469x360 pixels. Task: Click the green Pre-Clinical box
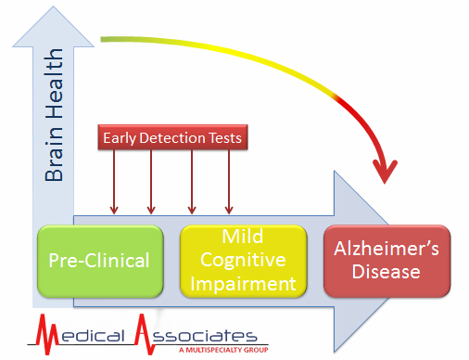pos(93,260)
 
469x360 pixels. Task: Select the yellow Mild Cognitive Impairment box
pos(243,260)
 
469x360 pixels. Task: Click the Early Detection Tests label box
pos(172,138)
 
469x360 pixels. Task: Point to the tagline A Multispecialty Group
pos(223,351)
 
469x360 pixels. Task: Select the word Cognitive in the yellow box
pos(243,260)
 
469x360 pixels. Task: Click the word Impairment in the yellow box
pos(243,282)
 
